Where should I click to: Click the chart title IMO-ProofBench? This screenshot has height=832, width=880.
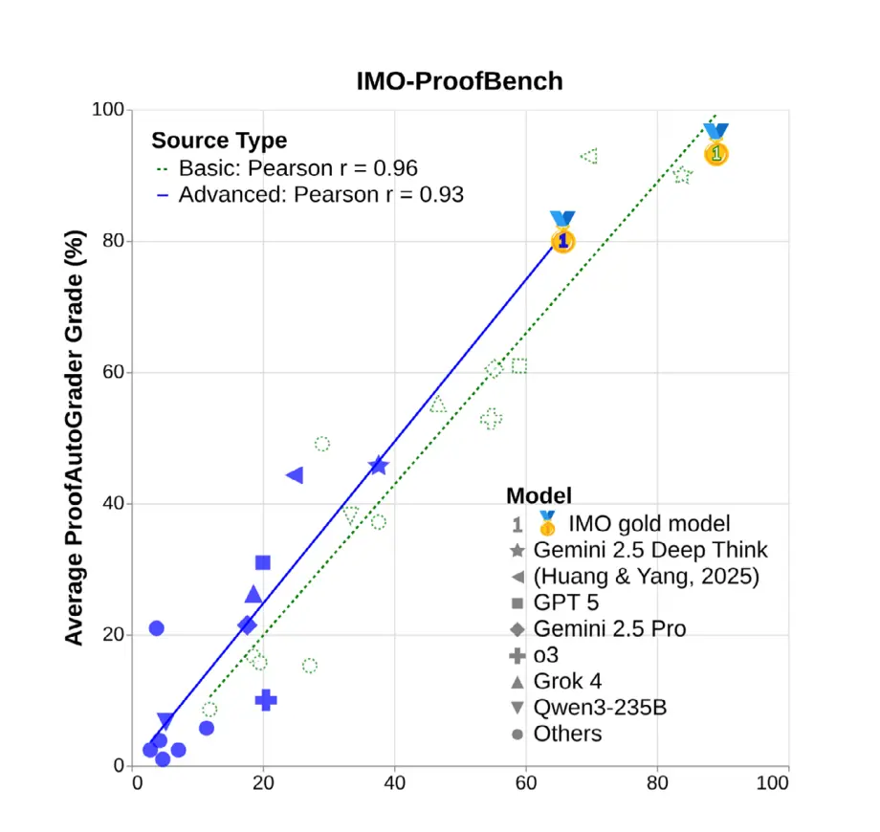click(459, 81)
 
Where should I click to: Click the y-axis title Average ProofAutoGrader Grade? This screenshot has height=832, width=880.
click(75, 437)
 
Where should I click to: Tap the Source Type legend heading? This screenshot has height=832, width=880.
click(219, 141)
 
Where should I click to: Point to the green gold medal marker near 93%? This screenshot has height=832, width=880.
click(715, 147)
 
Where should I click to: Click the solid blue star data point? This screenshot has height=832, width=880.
click(378, 466)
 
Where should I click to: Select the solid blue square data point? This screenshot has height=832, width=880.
click(263, 562)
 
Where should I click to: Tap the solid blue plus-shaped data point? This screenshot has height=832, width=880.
click(266, 700)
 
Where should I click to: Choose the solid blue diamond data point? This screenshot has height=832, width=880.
click(247, 625)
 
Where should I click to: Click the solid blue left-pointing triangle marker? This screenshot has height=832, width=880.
click(295, 475)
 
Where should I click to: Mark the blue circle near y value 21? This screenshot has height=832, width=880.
click(156, 628)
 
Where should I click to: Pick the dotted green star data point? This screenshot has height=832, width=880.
click(682, 175)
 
